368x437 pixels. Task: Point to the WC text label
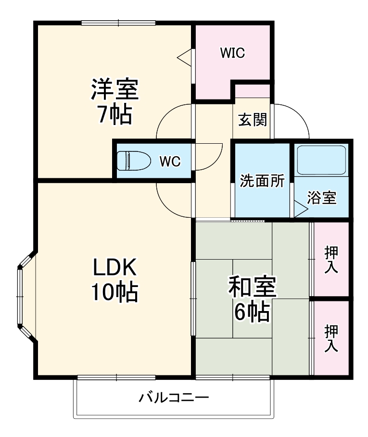(170, 162)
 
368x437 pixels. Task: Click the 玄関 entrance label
(253, 119)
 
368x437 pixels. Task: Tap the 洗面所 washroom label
(262, 182)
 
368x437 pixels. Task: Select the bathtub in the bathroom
(322, 160)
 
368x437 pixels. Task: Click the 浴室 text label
(321, 198)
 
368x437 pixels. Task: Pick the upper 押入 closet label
(331, 259)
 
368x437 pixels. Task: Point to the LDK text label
(115, 266)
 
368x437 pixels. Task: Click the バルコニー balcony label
(174, 398)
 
